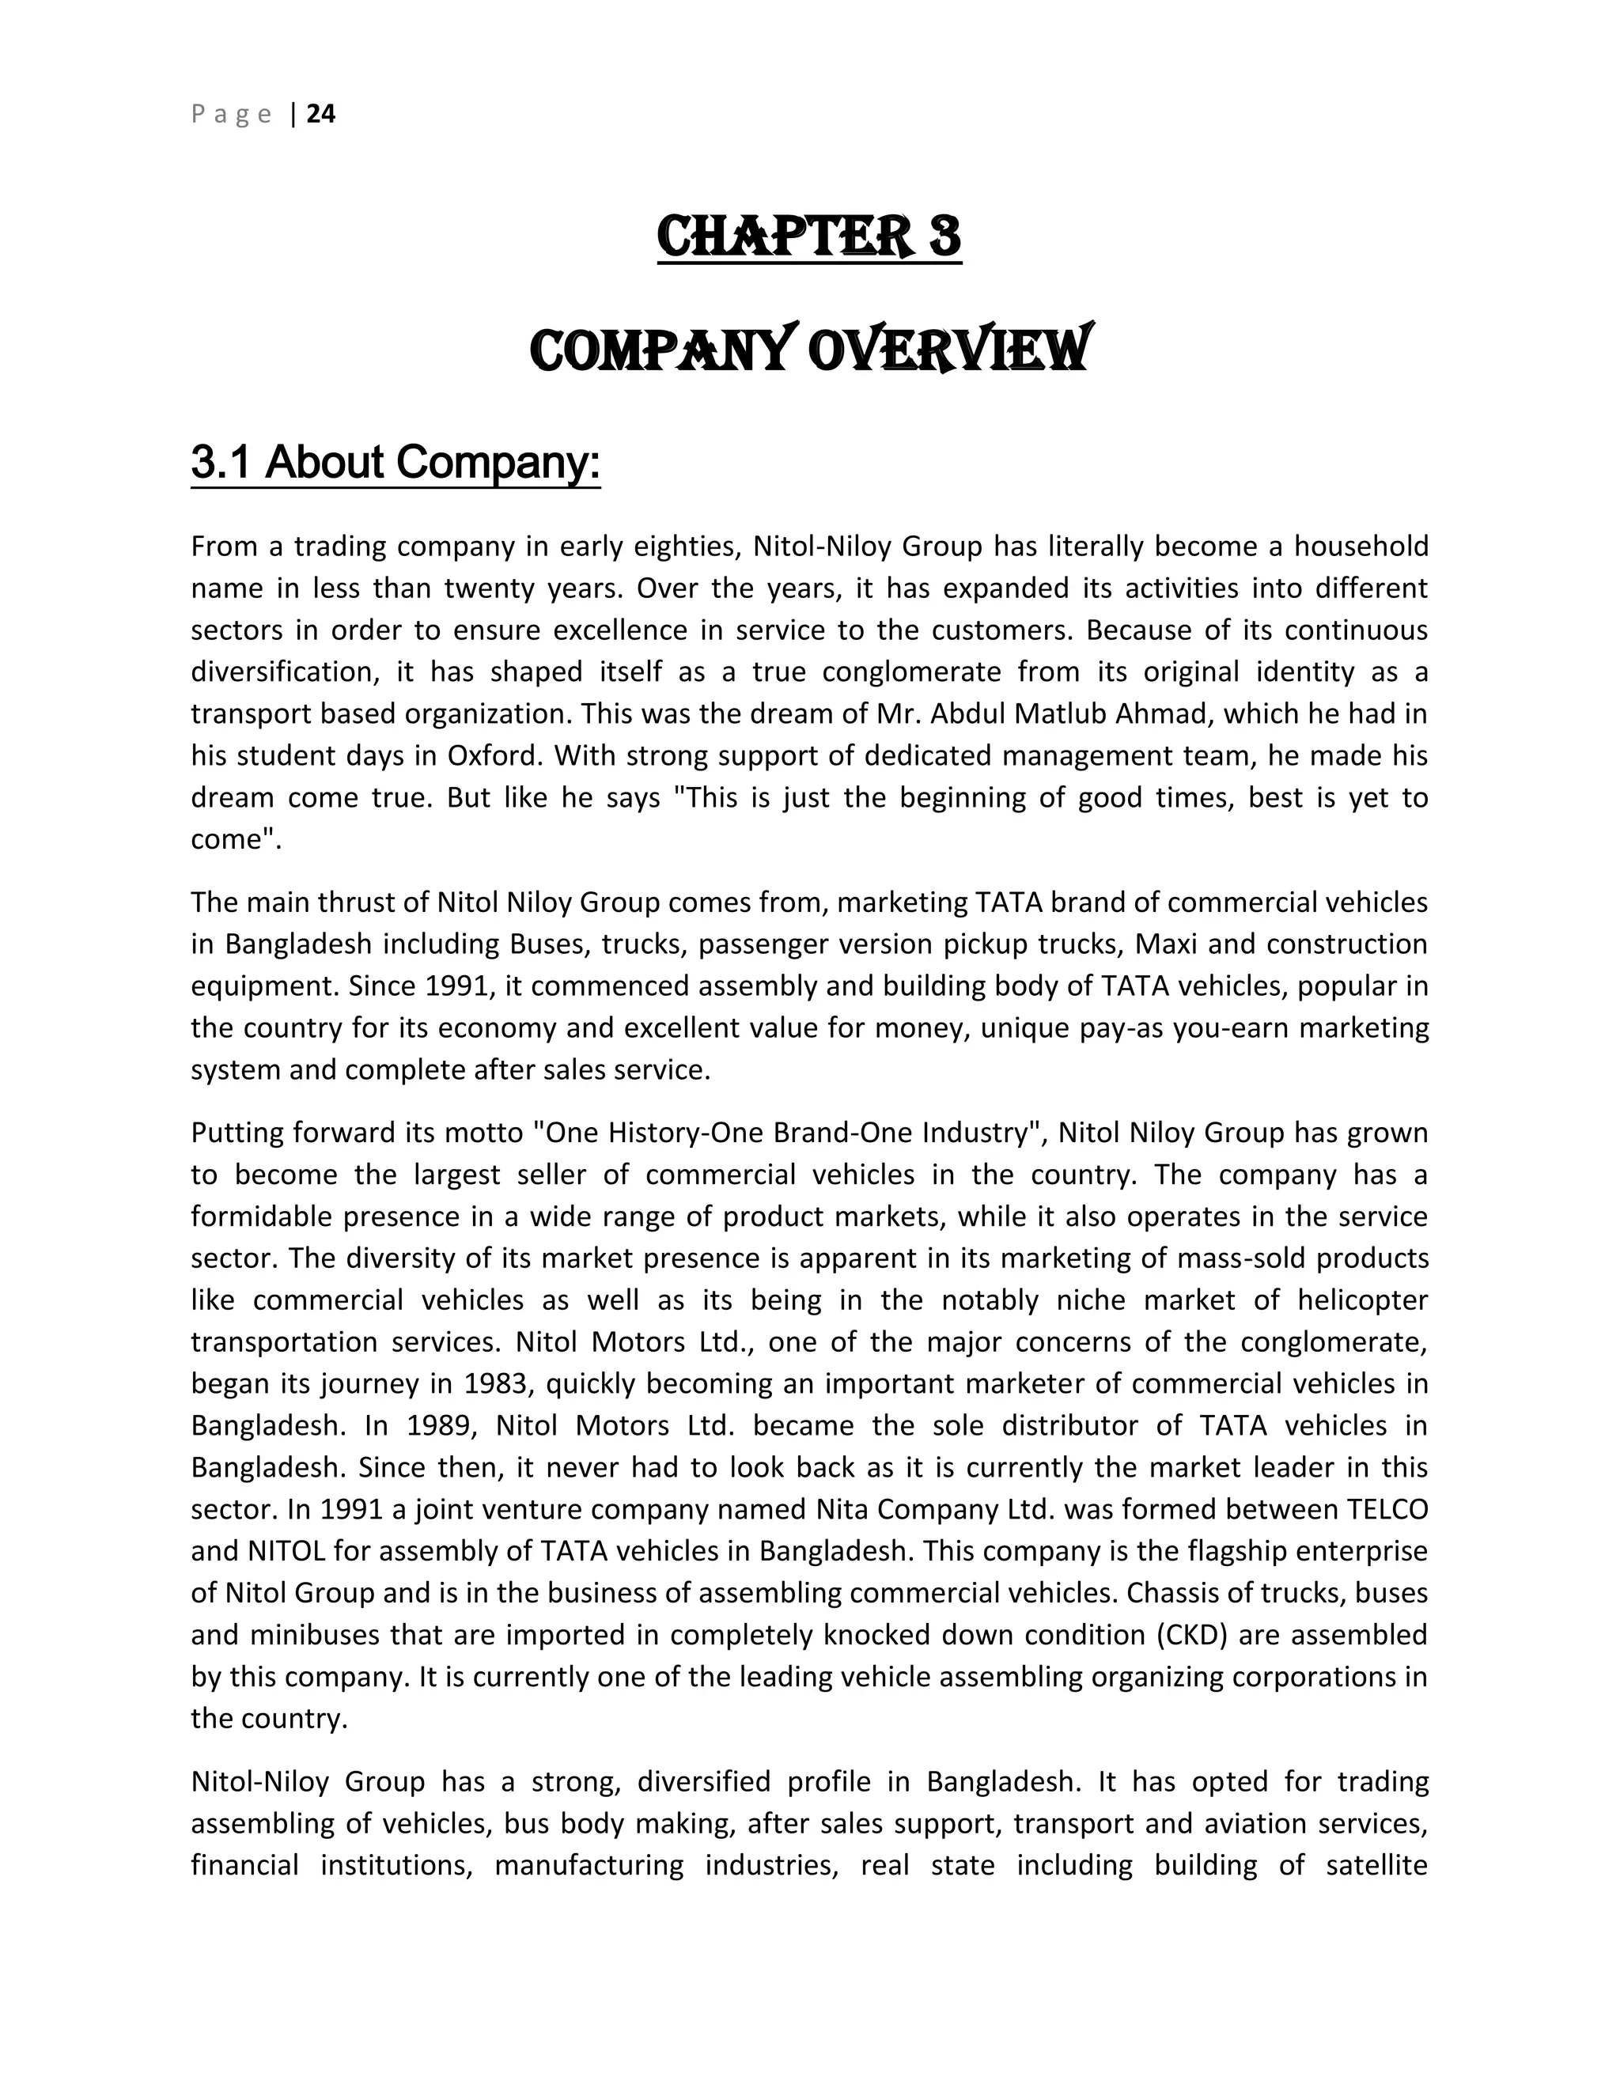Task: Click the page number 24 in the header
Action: pos(320,114)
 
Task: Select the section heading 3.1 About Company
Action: pos(396,463)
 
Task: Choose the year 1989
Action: pos(441,1426)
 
